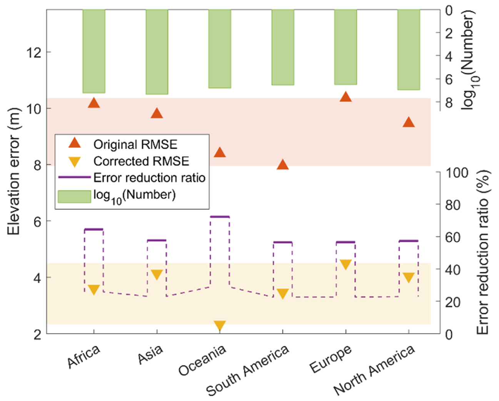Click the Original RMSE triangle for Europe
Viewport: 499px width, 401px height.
pyautogui.click(x=345, y=97)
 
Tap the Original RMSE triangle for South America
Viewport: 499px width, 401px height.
pyautogui.click(x=283, y=165)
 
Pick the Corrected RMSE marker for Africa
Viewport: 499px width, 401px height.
pyautogui.click(x=94, y=290)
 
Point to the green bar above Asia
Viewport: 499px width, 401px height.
pyautogui.click(x=157, y=52)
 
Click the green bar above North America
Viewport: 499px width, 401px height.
pyautogui.click(x=409, y=49)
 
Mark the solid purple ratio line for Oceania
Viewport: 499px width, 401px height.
pyautogui.click(x=220, y=217)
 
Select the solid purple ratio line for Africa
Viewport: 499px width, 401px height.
pyautogui.click(x=93, y=229)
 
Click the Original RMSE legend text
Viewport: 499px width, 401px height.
pyautogui.click(x=135, y=144)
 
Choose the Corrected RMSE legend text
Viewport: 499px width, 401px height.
pyautogui.click(x=141, y=161)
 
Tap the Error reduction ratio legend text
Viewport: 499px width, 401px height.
pyautogui.click(x=149, y=178)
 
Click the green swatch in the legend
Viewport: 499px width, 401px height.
pyautogui.click(x=74, y=196)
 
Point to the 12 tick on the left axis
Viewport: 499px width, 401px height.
pyautogui.click(x=34, y=52)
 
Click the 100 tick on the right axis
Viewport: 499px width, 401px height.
pyautogui.click(x=457, y=173)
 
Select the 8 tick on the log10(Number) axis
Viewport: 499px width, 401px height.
pyautogui.click(x=449, y=102)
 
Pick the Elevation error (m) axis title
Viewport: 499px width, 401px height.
pyautogui.click(x=14, y=172)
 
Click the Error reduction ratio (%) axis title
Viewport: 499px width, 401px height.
pyautogui.click(x=482, y=252)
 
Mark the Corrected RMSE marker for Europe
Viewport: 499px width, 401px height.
pyautogui.click(x=345, y=265)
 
